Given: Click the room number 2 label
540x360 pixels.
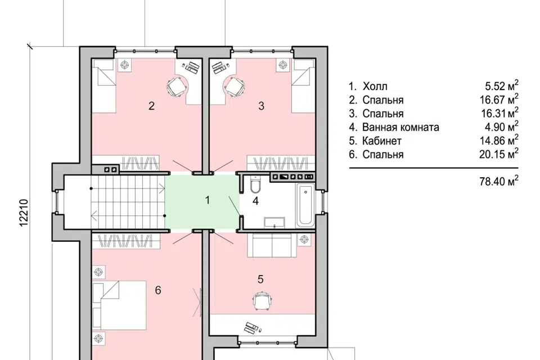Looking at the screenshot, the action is point(151,106).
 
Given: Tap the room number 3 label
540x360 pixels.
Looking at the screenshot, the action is point(261,106).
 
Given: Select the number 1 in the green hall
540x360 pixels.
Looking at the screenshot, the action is point(208,200).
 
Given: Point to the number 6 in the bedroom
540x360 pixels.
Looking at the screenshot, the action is point(157,290).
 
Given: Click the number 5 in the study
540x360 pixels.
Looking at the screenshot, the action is point(260,279).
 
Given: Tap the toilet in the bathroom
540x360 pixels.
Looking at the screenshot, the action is point(255,185).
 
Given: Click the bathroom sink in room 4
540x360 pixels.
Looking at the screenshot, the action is point(274,223).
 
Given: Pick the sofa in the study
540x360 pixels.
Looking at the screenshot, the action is point(273,246).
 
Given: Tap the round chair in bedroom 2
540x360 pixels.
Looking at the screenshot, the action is point(178,86).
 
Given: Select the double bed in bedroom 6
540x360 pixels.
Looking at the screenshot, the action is point(119,305).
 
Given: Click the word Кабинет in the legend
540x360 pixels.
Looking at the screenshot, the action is point(381,141).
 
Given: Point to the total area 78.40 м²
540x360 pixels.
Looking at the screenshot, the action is point(499,181).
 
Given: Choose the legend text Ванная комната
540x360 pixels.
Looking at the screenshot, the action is point(400,128).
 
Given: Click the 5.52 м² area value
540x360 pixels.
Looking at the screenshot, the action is point(501,85).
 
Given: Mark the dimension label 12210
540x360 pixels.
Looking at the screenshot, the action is point(24,213).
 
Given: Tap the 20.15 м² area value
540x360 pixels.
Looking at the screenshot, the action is point(499,154).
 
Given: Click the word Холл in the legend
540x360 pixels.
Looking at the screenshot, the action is point(375,86).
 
